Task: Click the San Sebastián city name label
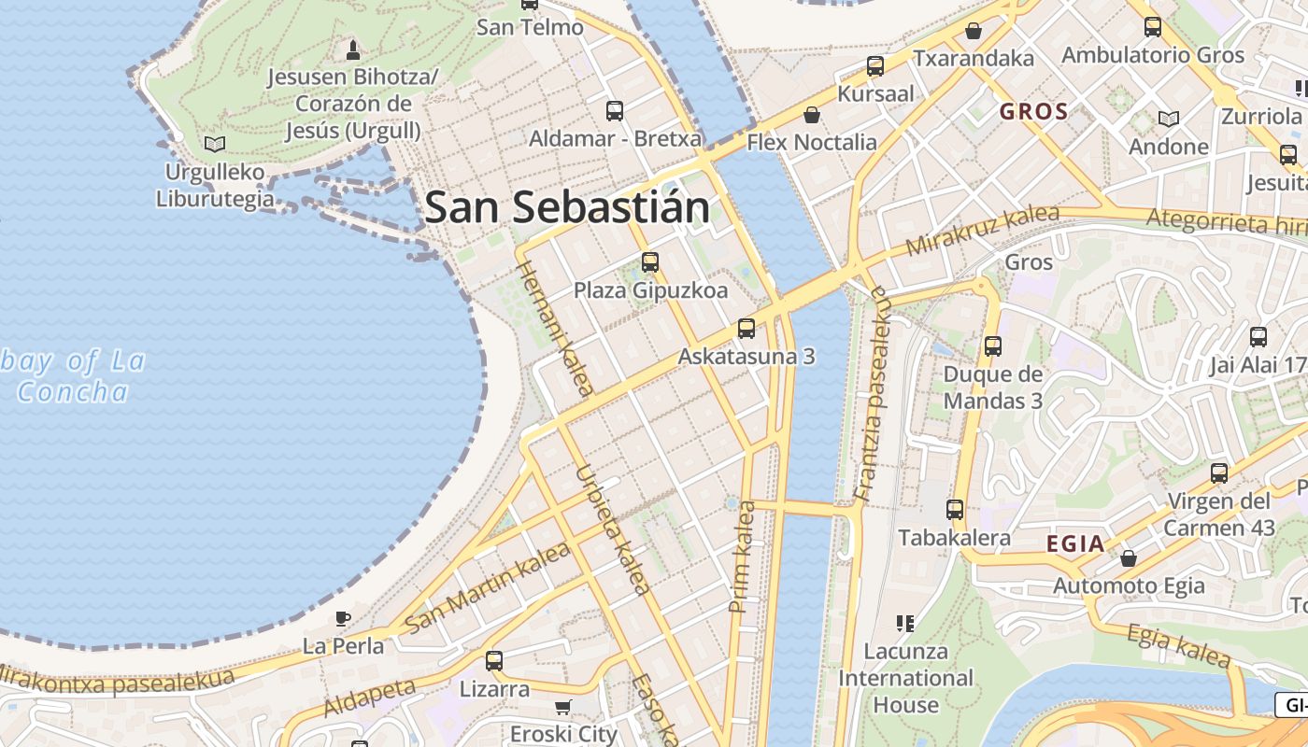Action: click(567, 206)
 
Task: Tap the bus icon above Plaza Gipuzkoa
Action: click(650, 262)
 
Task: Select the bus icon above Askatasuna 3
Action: click(746, 329)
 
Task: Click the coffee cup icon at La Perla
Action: click(343, 618)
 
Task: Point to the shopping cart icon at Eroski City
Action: click(563, 707)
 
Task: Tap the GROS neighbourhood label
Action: click(1033, 112)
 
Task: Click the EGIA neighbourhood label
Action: click(1074, 543)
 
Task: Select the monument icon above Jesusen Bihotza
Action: click(352, 49)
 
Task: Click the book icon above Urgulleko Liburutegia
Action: click(215, 144)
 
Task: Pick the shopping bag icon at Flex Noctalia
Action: click(812, 115)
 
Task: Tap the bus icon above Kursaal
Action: click(875, 66)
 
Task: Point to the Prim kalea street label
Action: click(743, 557)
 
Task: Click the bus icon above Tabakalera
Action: click(954, 510)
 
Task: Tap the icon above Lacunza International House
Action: click(904, 623)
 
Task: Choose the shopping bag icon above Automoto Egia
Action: click(1129, 558)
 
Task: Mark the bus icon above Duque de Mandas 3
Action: click(992, 346)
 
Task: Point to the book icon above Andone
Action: click(1168, 119)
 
